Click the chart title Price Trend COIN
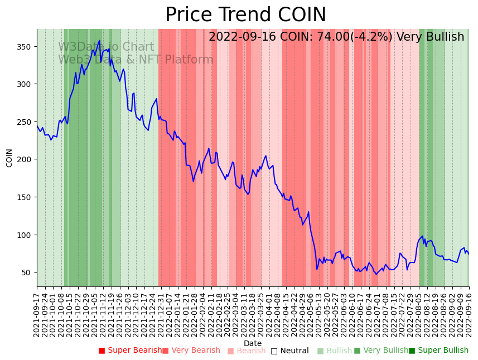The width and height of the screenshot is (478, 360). pyautogui.click(x=245, y=15)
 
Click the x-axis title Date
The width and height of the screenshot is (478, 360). pyautogui.click(x=253, y=343)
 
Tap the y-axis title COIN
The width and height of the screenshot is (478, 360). pyautogui.click(x=9, y=158)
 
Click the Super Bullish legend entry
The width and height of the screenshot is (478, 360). pyautogui.click(x=439, y=351)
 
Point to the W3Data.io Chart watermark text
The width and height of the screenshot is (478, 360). pyautogui.click(x=106, y=47)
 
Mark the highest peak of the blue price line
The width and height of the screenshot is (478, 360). pyautogui.click(x=99, y=41)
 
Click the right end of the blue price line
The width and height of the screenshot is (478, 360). pyautogui.click(x=469, y=254)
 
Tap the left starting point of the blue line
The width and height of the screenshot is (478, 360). pyautogui.click(x=37, y=126)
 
